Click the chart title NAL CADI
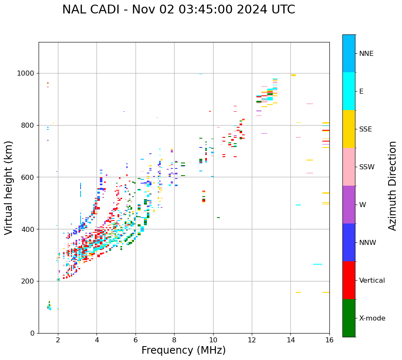(178, 10)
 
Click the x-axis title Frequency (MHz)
(183, 350)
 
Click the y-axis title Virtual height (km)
(9, 188)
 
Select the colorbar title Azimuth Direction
(392, 186)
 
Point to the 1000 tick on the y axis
(25, 74)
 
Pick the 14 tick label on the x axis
(290, 340)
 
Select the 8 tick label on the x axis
(174, 340)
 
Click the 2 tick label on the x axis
(58, 340)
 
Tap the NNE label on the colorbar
(366, 54)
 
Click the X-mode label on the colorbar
(372, 318)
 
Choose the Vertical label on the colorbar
(372, 281)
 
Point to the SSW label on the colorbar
(367, 167)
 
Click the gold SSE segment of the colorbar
(349, 129)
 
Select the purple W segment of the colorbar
(349, 205)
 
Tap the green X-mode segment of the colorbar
(349, 318)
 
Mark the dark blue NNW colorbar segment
(349, 242)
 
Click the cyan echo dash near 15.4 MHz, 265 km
(318, 264)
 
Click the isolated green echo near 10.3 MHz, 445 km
(218, 218)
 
